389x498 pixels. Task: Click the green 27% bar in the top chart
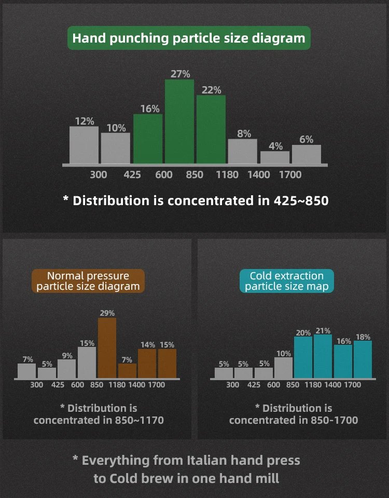(x=179, y=122)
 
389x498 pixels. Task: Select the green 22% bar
(x=211, y=130)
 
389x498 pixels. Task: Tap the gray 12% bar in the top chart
(x=84, y=145)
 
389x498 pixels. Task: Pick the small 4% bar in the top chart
(x=275, y=157)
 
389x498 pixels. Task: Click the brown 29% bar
(x=107, y=348)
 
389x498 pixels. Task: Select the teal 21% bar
(x=323, y=356)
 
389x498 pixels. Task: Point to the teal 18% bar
(x=363, y=359)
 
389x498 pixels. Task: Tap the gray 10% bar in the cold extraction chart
(x=283, y=368)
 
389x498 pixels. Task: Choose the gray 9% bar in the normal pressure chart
(x=67, y=368)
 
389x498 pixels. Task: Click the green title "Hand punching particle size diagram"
(x=189, y=38)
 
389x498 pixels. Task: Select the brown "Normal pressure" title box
(x=88, y=281)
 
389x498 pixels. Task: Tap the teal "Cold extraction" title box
(x=286, y=281)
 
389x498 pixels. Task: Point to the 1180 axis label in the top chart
(x=227, y=175)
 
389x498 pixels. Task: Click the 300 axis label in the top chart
(x=99, y=175)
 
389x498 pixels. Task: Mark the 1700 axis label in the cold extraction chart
(x=353, y=385)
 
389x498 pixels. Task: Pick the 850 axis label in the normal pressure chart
(x=96, y=385)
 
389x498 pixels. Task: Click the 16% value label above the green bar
(x=150, y=109)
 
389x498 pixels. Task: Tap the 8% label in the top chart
(x=244, y=133)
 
